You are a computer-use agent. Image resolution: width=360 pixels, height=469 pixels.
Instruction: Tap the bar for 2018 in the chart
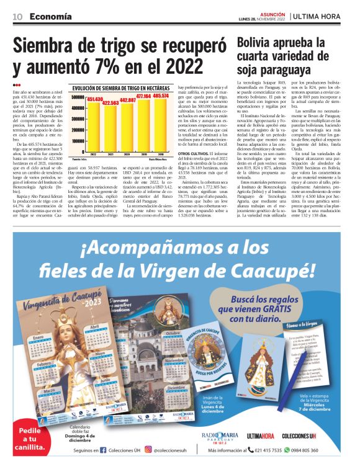click(160, 124)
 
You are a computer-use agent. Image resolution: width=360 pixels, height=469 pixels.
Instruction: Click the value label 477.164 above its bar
click(143, 97)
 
